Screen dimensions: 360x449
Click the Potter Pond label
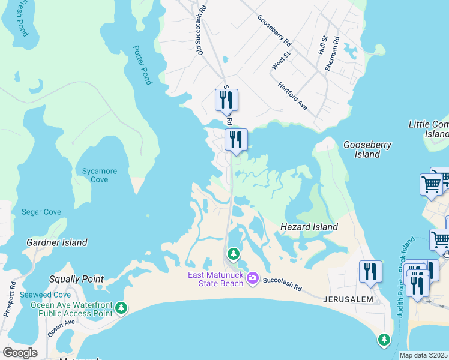[x=143, y=65]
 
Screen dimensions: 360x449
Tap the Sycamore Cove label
[x=100, y=175]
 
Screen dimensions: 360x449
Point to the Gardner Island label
[x=57, y=242]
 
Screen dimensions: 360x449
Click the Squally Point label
[x=77, y=279]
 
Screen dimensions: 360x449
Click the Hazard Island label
[x=309, y=227]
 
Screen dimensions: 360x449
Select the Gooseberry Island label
[x=367, y=149]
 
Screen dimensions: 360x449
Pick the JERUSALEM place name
[x=348, y=299]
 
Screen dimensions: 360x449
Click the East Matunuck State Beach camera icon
[x=253, y=278]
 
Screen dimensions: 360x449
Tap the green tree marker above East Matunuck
[x=233, y=254]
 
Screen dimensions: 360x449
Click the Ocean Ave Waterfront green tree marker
[x=121, y=308]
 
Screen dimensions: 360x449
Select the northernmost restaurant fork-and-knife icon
[x=226, y=100]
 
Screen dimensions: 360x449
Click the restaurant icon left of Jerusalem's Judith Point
[x=370, y=272]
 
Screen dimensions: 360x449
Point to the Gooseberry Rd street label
[x=274, y=31]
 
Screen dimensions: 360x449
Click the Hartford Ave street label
[x=292, y=96]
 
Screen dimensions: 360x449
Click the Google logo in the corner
[x=20, y=353]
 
